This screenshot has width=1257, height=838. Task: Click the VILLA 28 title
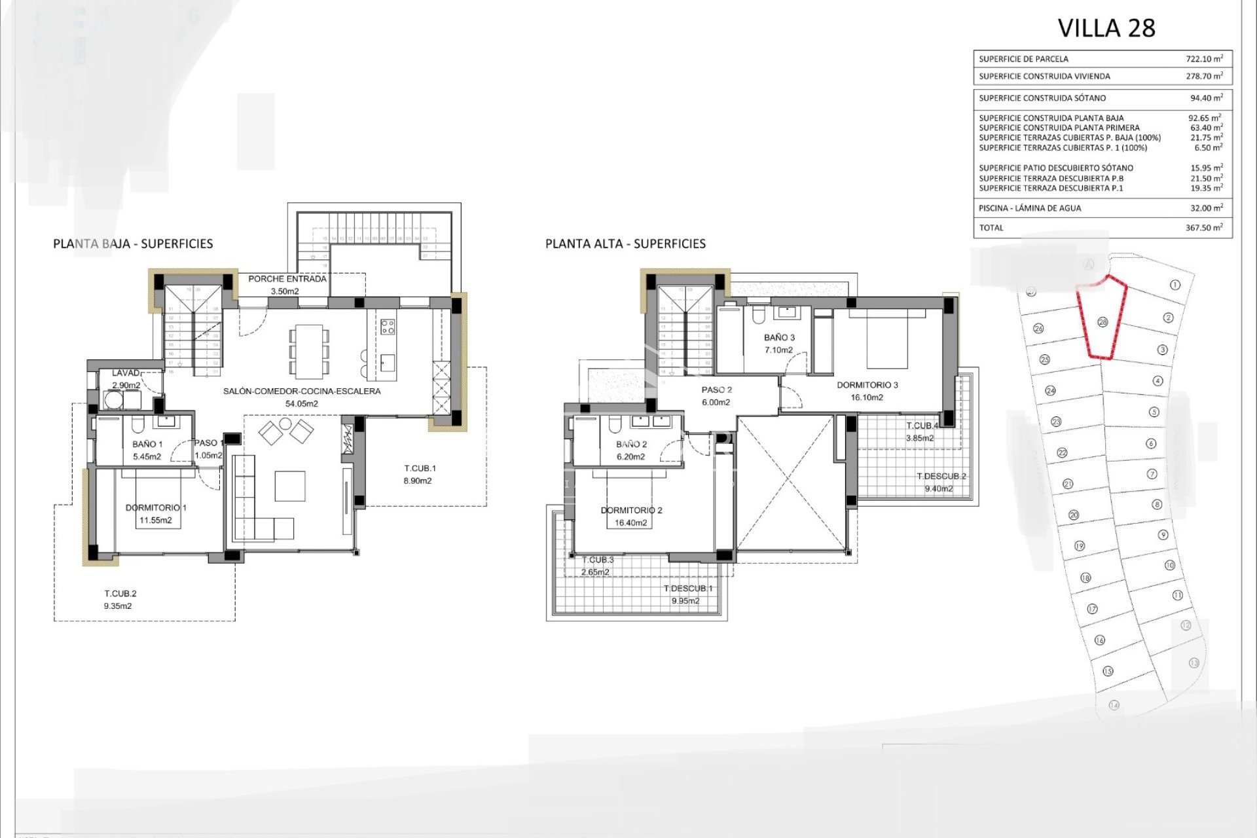pos(1106,28)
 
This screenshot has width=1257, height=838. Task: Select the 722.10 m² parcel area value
pos(1204,58)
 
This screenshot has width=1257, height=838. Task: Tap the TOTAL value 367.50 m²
pos(1204,227)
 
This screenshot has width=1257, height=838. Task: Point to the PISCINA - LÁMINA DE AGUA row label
pos(1030,208)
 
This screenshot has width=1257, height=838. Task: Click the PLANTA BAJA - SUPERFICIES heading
pos(133,244)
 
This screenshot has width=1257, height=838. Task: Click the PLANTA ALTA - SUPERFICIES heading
pos(625,244)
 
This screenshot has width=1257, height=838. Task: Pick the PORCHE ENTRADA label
pos(287,279)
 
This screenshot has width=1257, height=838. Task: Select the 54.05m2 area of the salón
pos(301,403)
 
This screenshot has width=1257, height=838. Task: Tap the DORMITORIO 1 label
pos(156,507)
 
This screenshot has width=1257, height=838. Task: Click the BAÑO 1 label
pos(147,444)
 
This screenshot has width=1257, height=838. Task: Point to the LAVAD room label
pos(126,373)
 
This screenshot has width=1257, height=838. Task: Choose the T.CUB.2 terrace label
pos(120,594)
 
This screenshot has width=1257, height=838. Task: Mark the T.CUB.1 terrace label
pos(420,468)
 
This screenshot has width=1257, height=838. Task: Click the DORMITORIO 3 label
pos(867,385)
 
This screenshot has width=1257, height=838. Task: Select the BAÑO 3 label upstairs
pos(779,338)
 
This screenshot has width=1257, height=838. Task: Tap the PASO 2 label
pos(716,390)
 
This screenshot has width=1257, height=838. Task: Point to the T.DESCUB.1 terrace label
pos(687,589)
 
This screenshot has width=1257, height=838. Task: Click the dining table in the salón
pos(309,352)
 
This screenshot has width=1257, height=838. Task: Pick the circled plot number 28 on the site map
pos(1102,322)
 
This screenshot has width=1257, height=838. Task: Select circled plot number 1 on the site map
pos(1175,285)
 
